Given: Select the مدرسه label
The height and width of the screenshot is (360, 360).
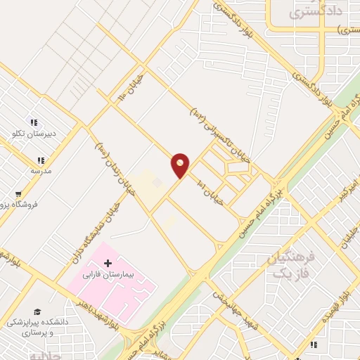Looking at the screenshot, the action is [x=40, y=170].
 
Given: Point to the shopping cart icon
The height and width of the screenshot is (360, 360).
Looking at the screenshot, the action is [x=18, y=194].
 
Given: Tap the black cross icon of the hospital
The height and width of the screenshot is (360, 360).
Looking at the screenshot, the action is [x=107, y=262].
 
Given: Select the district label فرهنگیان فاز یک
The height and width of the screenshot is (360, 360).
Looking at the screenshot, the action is [x=289, y=264].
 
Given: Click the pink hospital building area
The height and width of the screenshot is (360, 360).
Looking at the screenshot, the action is [x=127, y=288].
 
